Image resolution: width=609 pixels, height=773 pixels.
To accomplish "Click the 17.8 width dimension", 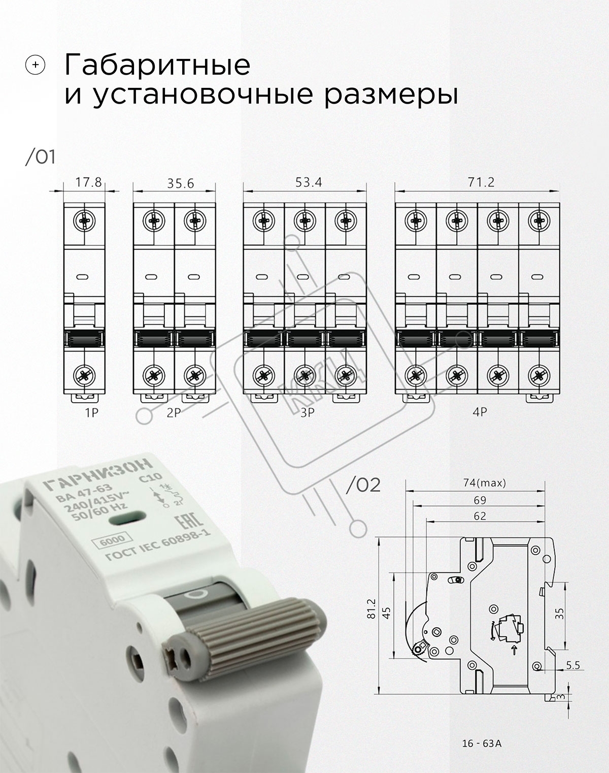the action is pos(88,182).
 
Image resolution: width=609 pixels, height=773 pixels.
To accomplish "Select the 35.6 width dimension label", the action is pos(180,183).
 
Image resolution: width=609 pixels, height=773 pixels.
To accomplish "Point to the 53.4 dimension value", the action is pos(309,182).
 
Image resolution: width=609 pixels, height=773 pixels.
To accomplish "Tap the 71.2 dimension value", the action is pos(481,182).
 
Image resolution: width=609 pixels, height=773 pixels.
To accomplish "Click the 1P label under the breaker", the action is pos(91,413).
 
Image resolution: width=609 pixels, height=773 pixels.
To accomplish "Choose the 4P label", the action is pos(480,412).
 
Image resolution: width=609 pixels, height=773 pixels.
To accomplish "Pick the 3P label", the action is pos(307,413).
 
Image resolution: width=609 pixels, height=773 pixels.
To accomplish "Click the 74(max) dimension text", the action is pos(485,483).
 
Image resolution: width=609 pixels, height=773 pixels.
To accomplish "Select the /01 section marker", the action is pos(40,157).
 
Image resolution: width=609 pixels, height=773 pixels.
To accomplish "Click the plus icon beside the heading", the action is pos(35,65).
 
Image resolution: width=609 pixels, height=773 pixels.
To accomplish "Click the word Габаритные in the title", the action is pos(157,65).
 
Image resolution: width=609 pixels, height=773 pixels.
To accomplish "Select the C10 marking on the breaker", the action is pos(150,478).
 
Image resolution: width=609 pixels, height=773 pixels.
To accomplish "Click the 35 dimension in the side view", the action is pos(559,613).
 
